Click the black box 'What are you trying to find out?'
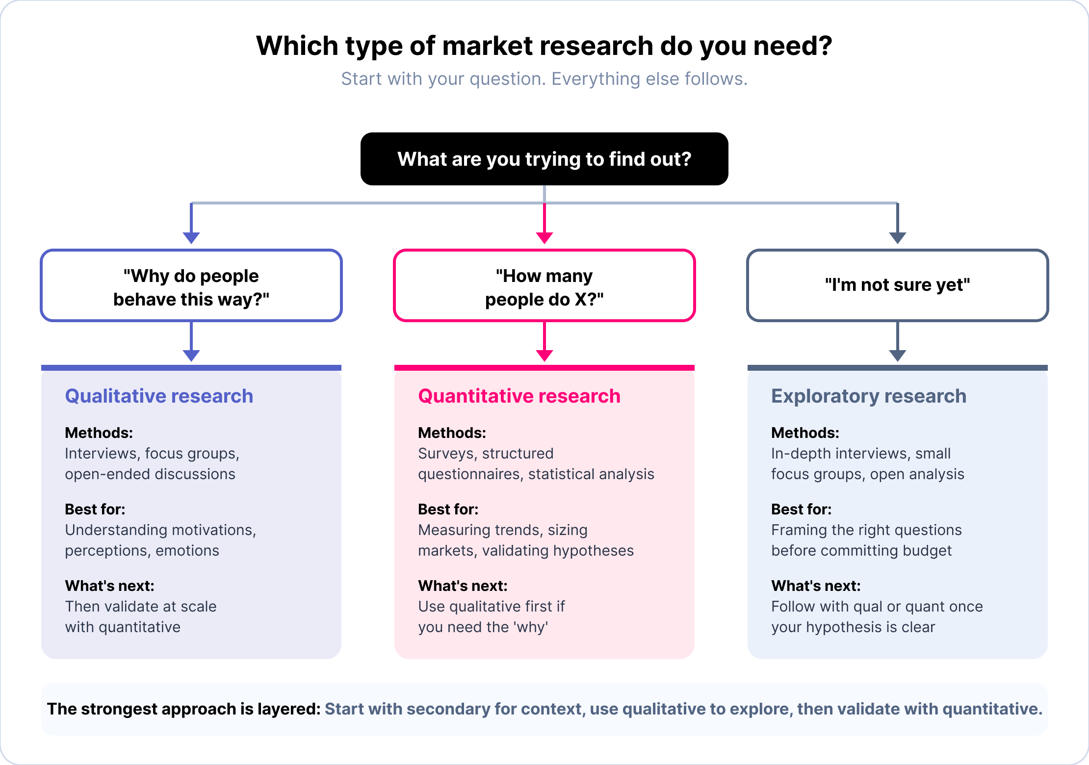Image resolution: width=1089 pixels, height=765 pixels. tap(544, 159)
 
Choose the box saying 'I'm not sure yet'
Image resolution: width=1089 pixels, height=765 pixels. tap(897, 285)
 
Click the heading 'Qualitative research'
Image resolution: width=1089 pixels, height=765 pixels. tap(159, 396)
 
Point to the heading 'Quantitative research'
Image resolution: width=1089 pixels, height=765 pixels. tap(519, 396)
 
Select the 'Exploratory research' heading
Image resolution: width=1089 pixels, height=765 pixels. tap(868, 396)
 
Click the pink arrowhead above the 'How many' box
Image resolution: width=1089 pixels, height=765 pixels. tap(544, 238)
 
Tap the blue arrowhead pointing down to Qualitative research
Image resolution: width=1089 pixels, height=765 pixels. tap(191, 356)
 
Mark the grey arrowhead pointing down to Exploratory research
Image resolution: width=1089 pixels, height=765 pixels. tap(897, 356)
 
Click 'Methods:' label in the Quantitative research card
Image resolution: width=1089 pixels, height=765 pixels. tap(452, 433)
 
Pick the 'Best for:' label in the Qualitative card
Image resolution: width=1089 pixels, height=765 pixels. tap(95, 509)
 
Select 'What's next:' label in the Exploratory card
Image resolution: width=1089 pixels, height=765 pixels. tap(816, 586)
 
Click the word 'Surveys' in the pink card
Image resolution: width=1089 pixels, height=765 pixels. tap(446, 454)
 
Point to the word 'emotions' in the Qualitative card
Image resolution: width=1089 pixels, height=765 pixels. tap(187, 551)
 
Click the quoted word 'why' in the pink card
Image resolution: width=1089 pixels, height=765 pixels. tap(532, 627)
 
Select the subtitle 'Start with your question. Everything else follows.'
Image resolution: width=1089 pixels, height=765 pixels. tap(544, 79)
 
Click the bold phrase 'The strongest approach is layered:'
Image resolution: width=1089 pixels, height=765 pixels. tap(184, 709)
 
